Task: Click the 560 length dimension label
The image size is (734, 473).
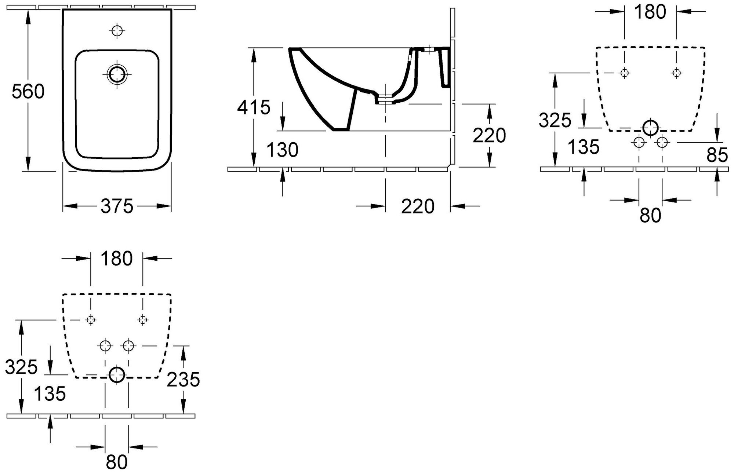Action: [x=28, y=92]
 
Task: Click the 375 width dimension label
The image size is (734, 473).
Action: [x=117, y=206]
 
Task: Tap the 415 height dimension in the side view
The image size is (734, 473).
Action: [x=254, y=107]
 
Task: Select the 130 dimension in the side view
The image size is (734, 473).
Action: [x=282, y=150]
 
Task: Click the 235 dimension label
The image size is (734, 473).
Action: [x=183, y=379]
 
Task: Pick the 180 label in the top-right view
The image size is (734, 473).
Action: [x=650, y=12]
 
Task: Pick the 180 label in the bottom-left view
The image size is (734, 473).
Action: [x=116, y=259]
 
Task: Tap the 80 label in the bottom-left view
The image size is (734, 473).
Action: [x=117, y=462]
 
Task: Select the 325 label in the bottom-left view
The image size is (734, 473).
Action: [x=22, y=367]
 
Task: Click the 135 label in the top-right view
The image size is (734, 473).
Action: [x=583, y=147]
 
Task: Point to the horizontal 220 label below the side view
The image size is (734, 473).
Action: [x=418, y=206]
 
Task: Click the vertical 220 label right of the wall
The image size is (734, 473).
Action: [x=489, y=136]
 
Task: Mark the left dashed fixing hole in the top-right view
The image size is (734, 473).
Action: [x=624, y=73]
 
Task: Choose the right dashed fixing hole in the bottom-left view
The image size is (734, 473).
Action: [x=143, y=320]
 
